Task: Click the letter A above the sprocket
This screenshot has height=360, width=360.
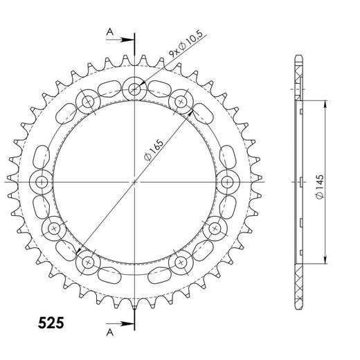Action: (109, 31)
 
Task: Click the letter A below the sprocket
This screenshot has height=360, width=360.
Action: (109, 332)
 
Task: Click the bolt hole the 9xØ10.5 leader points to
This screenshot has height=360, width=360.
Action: (135, 88)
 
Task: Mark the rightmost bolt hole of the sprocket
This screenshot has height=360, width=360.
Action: (228, 182)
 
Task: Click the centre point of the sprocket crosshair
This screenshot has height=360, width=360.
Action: (135, 182)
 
